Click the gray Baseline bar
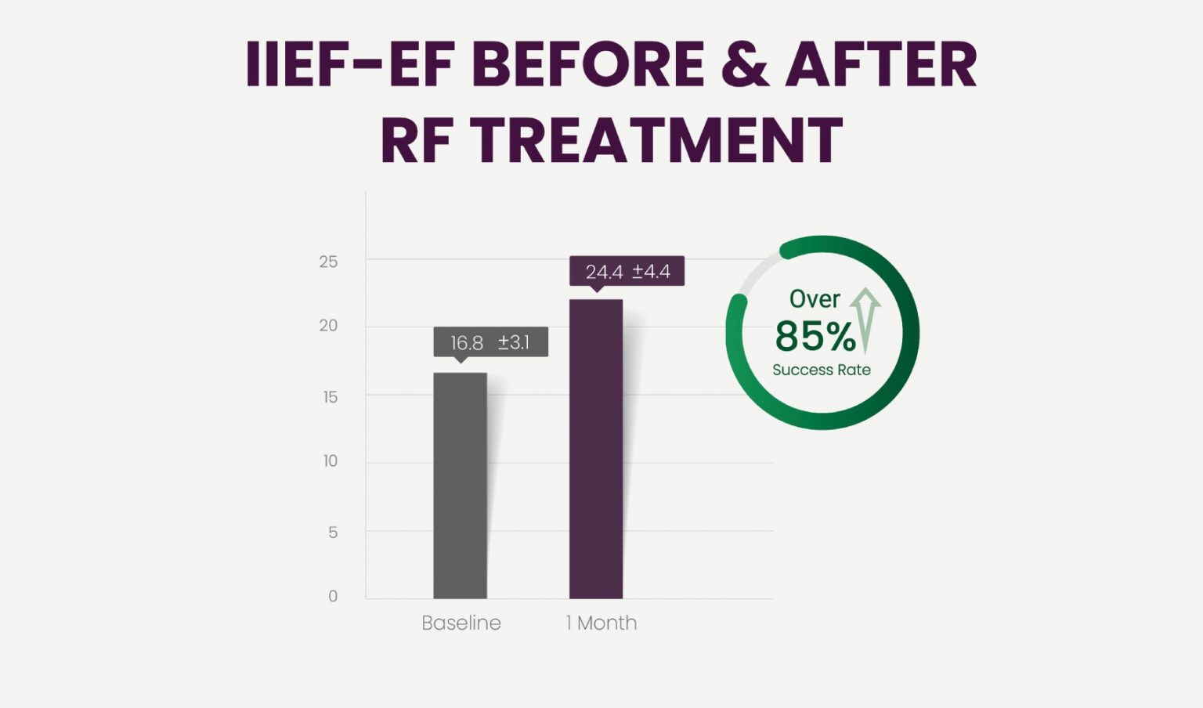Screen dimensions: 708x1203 (460, 486)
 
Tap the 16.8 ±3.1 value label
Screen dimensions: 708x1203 (490, 342)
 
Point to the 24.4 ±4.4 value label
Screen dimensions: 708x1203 (627, 272)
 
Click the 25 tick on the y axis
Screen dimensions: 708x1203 (328, 262)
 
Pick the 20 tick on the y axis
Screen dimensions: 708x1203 (328, 325)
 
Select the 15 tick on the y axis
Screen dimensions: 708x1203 (330, 397)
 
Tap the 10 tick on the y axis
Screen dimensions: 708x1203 (330, 461)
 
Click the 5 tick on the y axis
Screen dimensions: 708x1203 (333, 533)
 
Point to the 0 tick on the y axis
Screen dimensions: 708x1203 (333, 596)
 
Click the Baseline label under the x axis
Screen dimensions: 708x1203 (461, 623)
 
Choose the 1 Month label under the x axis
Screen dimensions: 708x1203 (601, 623)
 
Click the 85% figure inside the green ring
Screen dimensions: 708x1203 (815, 336)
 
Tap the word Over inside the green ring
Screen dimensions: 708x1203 (815, 298)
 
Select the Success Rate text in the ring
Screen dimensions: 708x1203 (822, 370)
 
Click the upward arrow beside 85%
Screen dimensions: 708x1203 (865, 318)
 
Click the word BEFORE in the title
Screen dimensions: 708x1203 (588, 64)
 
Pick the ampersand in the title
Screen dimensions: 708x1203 (745, 64)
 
